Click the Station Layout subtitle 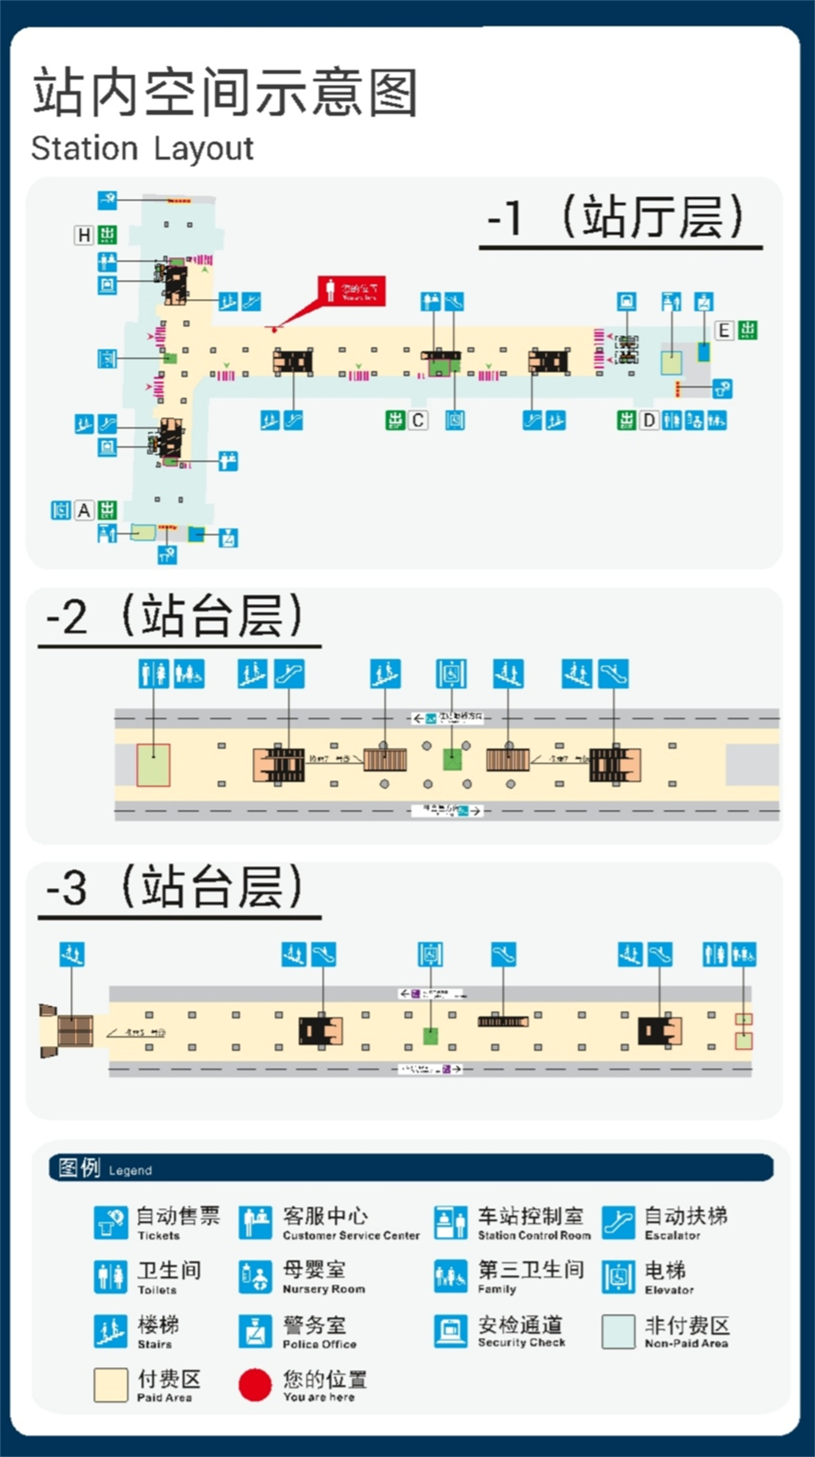(142, 149)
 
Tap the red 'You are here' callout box (351, 291)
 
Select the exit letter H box (84, 235)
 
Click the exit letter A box (84, 510)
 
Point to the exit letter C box (418, 420)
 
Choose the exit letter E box (724, 330)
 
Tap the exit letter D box (649, 420)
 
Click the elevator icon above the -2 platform (451, 674)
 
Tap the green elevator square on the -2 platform (452, 759)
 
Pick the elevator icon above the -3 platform (430, 954)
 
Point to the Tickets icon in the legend (111, 1223)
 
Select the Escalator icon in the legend (618, 1223)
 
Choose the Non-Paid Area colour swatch (618, 1332)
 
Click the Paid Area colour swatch (111, 1385)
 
